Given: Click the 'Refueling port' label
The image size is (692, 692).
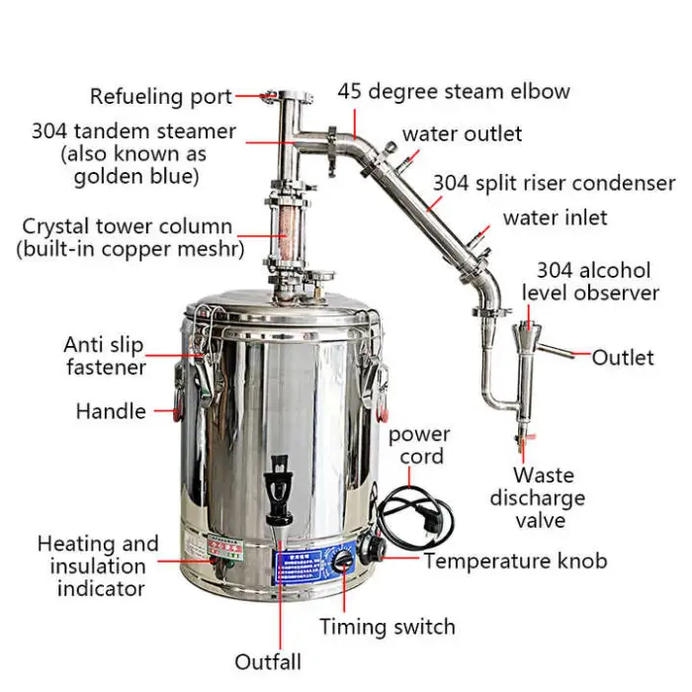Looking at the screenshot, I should (x=161, y=97).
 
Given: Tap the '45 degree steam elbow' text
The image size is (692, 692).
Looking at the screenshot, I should (x=454, y=92).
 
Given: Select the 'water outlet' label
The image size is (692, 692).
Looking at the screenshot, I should (x=462, y=133).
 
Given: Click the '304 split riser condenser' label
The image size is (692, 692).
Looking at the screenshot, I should (x=554, y=183).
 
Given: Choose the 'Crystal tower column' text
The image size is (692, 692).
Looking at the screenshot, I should (x=128, y=226).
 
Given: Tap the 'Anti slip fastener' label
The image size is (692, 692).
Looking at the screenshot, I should (x=105, y=356).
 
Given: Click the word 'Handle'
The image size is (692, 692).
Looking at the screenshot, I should (x=111, y=411).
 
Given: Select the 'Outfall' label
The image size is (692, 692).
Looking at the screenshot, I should (x=268, y=661).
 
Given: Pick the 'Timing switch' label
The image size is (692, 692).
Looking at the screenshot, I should (x=387, y=627).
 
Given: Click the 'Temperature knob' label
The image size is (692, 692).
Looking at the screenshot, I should (x=515, y=562).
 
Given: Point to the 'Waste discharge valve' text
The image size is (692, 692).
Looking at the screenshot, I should (x=537, y=497).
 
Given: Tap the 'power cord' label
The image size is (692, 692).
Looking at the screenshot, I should (x=418, y=446).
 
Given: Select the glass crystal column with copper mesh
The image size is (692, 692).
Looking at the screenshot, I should (x=282, y=234).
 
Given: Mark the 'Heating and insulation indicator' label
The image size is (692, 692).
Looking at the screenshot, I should (x=97, y=565).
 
